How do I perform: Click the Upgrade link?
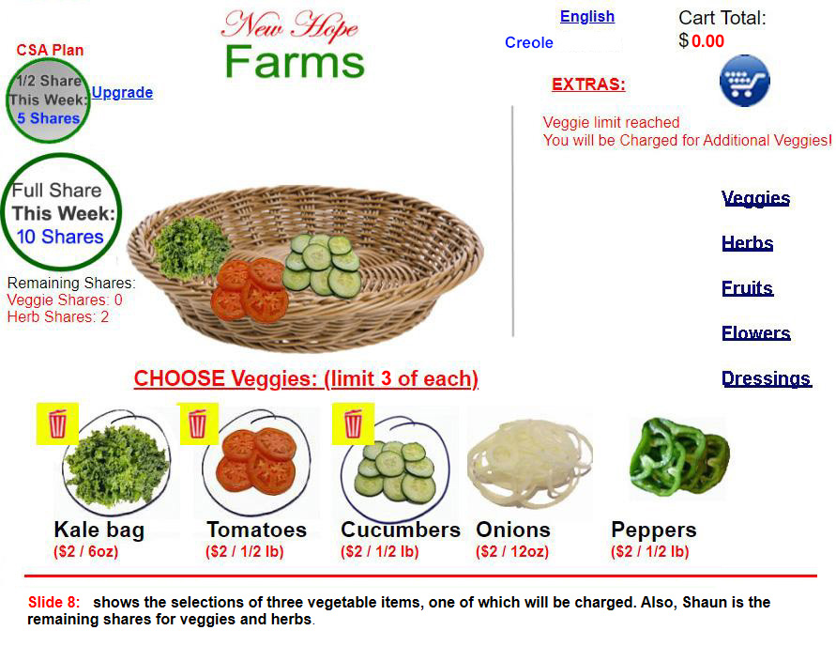click(x=122, y=92)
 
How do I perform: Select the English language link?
click(x=587, y=17)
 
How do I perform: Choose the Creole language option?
click(x=529, y=42)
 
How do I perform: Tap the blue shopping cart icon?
click(x=744, y=81)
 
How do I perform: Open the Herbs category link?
click(x=747, y=243)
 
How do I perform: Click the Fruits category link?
click(x=747, y=288)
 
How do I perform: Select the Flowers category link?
click(x=755, y=333)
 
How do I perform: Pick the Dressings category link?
click(x=767, y=378)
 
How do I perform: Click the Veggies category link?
click(x=755, y=198)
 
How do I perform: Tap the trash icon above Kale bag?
click(x=57, y=423)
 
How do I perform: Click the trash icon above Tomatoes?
click(x=197, y=423)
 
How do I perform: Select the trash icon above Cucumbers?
click(x=353, y=423)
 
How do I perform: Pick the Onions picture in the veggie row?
click(x=529, y=463)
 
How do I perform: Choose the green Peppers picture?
click(x=678, y=458)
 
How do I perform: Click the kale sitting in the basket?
click(x=190, y=248)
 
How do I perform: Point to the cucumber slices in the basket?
click(x=322, y=265)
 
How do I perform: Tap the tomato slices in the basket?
click(x=250, y=290)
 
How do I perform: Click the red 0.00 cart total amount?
click(x=707, y=41)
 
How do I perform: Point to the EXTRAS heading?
click(x=588, y=85)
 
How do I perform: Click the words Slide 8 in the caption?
click(x=53, y=602)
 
